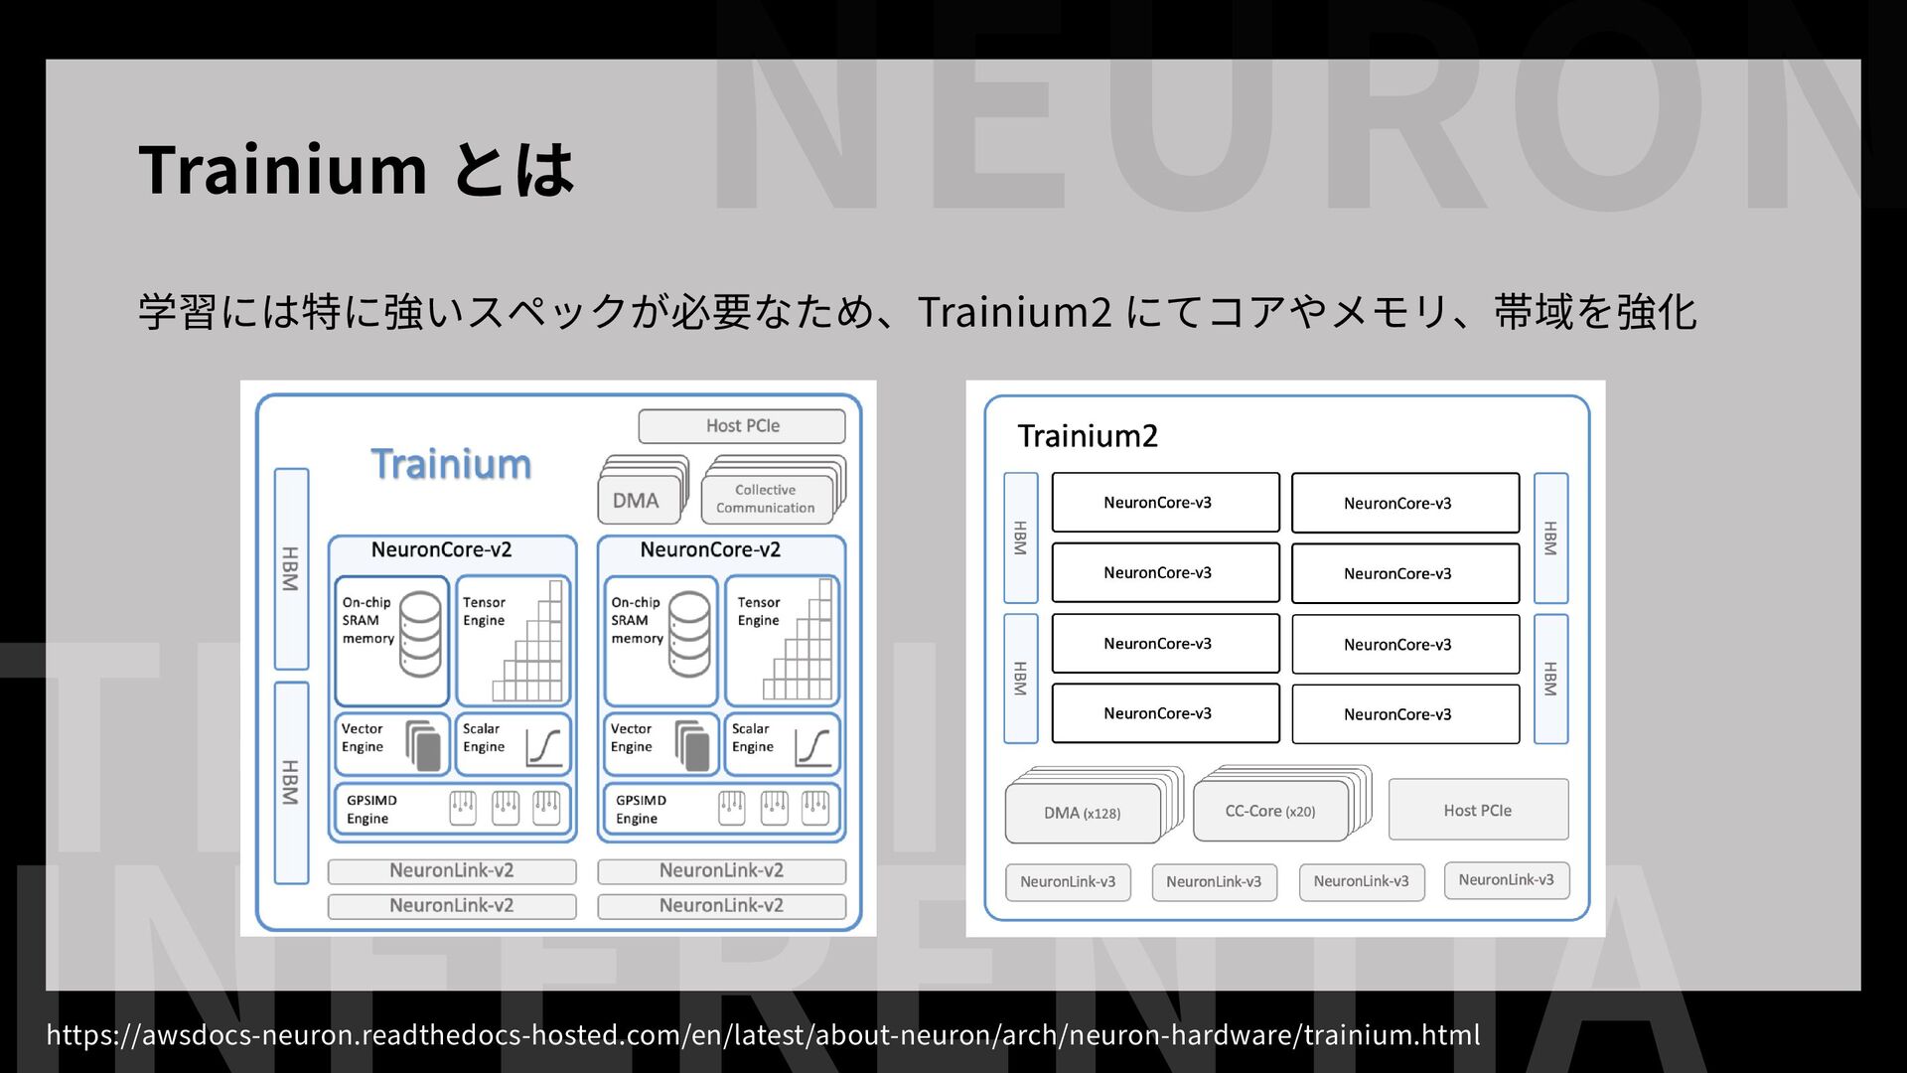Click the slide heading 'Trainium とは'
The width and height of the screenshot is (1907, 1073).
pos(356,169)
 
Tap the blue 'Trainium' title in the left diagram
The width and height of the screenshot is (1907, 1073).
pos(451,464)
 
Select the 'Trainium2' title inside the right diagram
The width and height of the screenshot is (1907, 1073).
pos(1088,436)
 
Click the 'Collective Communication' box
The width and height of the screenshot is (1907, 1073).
pos(766,499)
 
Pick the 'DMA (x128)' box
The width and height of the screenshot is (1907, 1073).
pos(1082,813)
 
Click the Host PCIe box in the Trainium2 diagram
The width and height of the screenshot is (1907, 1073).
pos(1477,810)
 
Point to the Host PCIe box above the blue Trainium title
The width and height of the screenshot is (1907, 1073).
pos(742,426)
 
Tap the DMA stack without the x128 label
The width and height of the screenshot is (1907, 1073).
pos(636,500)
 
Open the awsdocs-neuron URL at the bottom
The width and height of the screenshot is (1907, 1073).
pos(763,1034)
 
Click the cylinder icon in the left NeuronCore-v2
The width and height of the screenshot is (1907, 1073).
pos(420,633)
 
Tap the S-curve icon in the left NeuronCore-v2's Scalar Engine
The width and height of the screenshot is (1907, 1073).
pos(543,747)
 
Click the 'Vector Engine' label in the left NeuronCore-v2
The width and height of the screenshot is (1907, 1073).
pos(363,737)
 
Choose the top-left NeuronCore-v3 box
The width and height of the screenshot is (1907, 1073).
pos(1165,503)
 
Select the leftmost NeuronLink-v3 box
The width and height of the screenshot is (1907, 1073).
pos(1068,881)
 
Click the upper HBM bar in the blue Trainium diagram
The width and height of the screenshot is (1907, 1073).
pos(291,568)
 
